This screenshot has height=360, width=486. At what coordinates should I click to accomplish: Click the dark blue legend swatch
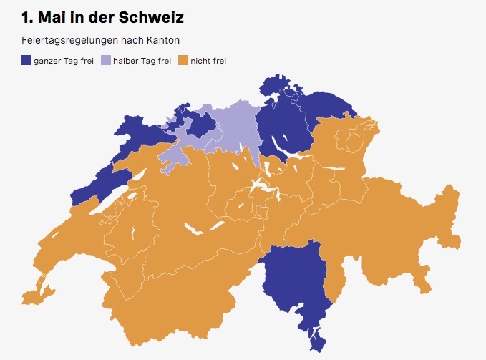pyautogui.click(x=26, y=61)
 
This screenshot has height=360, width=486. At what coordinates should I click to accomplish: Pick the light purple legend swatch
pyautogui.click(x=105, y=61)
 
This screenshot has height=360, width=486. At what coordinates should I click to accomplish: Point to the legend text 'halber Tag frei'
pyautogui.click(x=142, y=61)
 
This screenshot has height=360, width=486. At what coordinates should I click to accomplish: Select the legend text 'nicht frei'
pyautogui.click(x=208, y=61)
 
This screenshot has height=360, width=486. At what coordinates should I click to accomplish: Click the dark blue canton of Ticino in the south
pyautogui.click(x=293, y=279)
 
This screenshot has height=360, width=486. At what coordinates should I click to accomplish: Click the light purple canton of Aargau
pyautogui.click(x=233, y=129)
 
